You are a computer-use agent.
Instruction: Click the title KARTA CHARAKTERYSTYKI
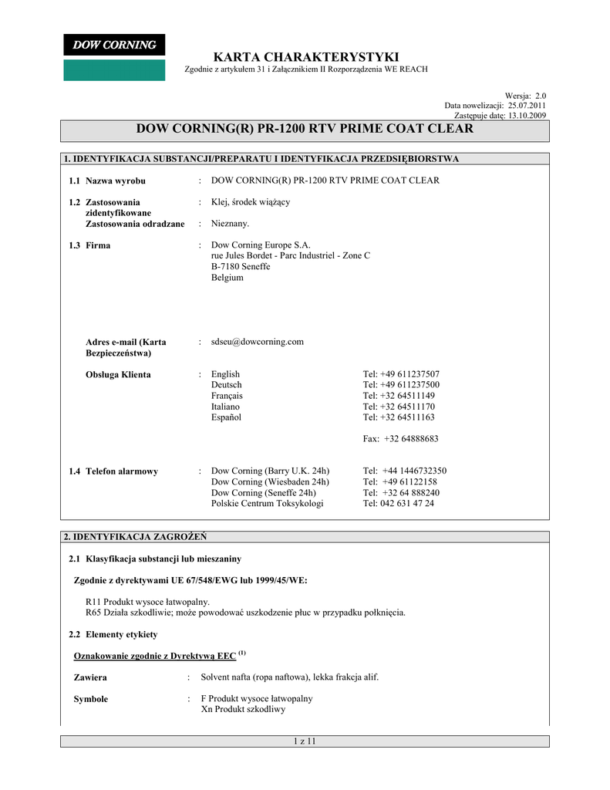pos(305,57)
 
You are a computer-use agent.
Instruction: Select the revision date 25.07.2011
pos(527,105)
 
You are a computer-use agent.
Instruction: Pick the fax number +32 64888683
pos(411,439)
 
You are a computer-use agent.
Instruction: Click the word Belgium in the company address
pos(227,278)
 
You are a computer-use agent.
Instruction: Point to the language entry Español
pos(226,417)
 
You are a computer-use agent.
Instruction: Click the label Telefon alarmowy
pos(122,471)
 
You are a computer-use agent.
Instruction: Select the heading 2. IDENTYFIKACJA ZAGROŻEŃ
pos(134,535)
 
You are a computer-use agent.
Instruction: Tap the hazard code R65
pos(93,613)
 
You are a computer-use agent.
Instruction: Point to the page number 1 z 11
pos(305,741)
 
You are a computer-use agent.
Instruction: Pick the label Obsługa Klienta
pos(118,375)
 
